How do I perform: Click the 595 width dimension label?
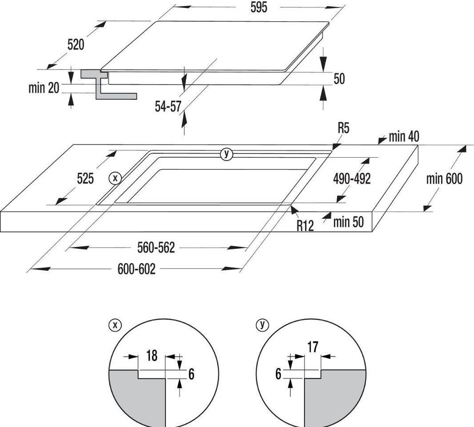[x=259, y=7]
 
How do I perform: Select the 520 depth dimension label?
[x=75, y=45]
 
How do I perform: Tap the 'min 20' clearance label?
[x=44, y=88]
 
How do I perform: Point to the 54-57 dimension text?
[x=168, y=106]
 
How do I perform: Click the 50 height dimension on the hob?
[x=339, y=79]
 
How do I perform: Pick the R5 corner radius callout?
[x=343, y=128]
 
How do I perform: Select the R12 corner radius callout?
[x=305, y=225]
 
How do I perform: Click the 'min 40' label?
[x=404, y=136]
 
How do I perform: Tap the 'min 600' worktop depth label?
[x=444, y=179]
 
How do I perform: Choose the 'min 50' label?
[x=348, y=222]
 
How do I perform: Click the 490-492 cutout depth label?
[x=352, y=179]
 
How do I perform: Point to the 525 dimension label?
[x=85, y=178]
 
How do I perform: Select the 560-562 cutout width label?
[x=156, y=248]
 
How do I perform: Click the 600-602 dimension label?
[x=137, y=269]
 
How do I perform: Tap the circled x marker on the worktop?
[x=115, y=178]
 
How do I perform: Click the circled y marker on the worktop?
[x=226, y=154]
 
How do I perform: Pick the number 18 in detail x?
[x=152, y=355]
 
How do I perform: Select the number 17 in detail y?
[x=312, y=347]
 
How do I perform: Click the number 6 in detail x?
[x=191, y=374]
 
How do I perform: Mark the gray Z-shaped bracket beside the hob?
[x=108, y=84]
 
